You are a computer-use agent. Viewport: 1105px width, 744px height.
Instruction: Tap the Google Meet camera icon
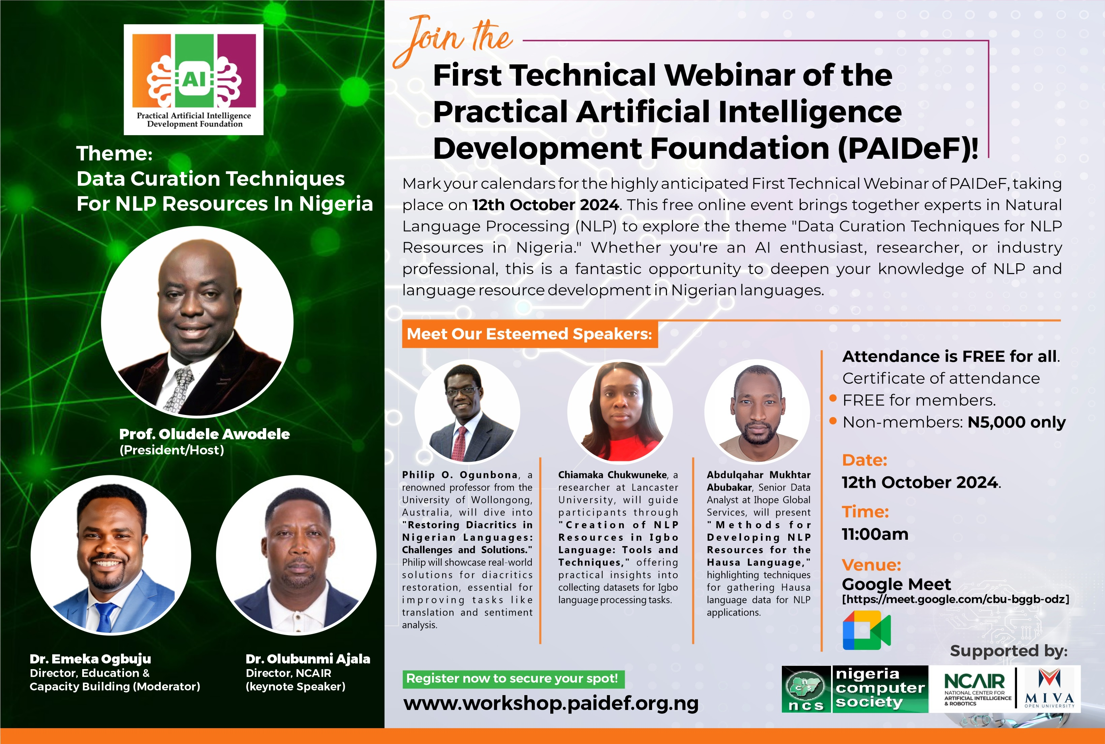click(x=866, y=630)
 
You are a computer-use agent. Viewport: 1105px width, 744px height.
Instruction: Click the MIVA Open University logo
click(x=1049, y=688)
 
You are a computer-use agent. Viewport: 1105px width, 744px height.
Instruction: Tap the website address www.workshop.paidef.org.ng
click(x=551, y=703)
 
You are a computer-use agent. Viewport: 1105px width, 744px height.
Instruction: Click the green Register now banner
click(x=513, y=679)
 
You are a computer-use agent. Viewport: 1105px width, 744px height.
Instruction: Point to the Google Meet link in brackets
click(x=955, y=599)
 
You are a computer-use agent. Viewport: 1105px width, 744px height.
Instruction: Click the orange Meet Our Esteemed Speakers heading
click(x=530, y=334)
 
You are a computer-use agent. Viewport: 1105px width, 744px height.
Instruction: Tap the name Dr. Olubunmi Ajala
click(x=308, y=659)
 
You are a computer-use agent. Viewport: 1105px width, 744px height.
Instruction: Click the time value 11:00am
click(x=875, y=534)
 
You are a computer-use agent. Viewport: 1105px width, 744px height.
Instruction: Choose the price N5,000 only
click(x=1016, y=422)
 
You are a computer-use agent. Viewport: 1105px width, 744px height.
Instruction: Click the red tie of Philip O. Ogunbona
click(x=459, y=443)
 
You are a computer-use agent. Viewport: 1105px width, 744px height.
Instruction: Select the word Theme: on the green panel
click(x=114, y=154)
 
